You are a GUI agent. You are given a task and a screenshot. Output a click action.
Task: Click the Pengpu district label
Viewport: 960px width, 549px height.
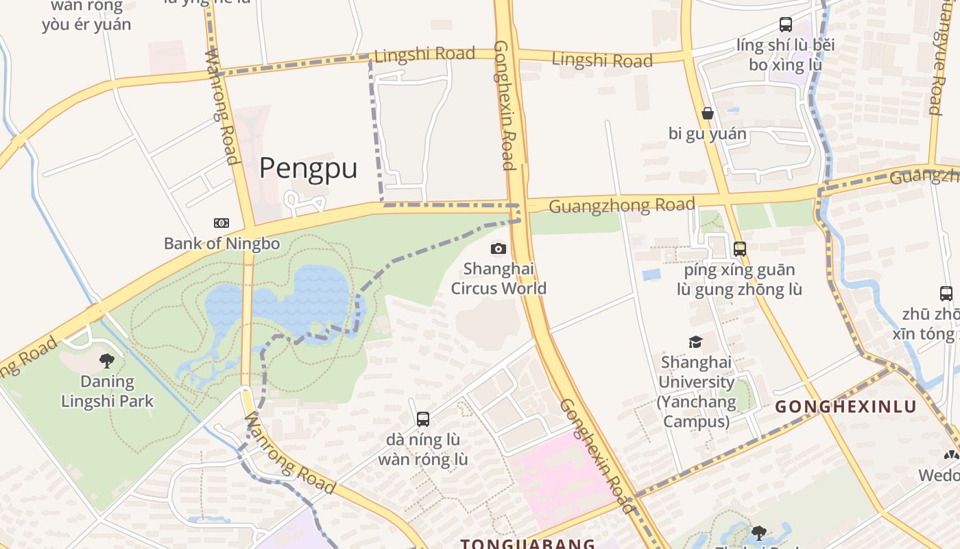click(308, 168)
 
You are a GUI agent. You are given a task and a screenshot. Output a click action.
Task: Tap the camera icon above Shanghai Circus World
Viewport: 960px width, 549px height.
click(499, 248)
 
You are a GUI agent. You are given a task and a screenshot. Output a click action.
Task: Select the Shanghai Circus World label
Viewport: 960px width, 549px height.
click(499, 278)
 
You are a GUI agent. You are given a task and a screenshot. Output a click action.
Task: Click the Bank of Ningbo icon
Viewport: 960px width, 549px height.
click(221, 223)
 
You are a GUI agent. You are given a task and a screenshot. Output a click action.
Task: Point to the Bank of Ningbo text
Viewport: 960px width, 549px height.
click(221, 243)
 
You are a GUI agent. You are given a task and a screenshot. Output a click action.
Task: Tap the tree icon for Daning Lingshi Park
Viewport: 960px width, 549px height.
click(107, 360)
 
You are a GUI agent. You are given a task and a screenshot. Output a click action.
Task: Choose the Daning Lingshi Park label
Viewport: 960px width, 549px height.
click(107, 391)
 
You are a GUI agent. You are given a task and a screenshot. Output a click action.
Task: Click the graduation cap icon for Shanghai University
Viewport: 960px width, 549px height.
click(695, 342)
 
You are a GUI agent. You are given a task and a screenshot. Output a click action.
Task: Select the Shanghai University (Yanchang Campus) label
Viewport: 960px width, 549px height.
click(696, 391)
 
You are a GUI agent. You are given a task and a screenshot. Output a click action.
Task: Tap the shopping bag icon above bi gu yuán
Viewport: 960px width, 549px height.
click(707, 113)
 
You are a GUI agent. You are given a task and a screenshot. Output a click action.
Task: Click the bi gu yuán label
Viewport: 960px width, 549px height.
click(707, 134)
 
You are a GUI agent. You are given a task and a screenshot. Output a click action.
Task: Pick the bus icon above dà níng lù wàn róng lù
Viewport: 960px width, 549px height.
click(423, 419)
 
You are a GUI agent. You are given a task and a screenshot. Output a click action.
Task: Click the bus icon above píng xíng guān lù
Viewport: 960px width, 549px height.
click(739, 249)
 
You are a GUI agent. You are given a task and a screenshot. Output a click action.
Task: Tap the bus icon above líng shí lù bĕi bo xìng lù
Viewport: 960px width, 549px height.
click(786, 25)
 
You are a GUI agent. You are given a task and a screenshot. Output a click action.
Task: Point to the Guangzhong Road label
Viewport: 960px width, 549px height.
click(622, 205)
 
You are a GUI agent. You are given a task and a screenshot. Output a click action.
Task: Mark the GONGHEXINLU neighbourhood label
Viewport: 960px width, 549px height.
click(845, 406)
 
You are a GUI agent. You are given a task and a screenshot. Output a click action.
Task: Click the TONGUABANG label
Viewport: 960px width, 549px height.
click(527, 544)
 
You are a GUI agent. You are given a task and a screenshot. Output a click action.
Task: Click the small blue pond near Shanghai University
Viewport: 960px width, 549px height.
click(651, 274)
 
